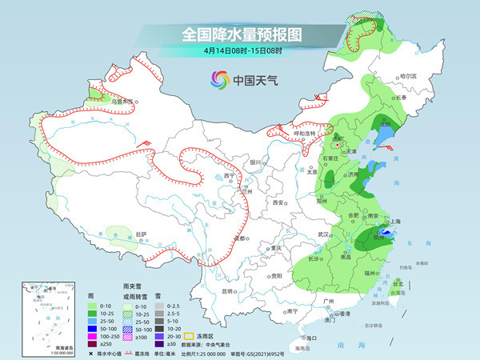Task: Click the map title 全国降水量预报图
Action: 239,34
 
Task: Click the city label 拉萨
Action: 142,234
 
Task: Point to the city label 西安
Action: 278,203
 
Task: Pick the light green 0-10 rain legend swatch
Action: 90,305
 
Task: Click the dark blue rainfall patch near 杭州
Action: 387,234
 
